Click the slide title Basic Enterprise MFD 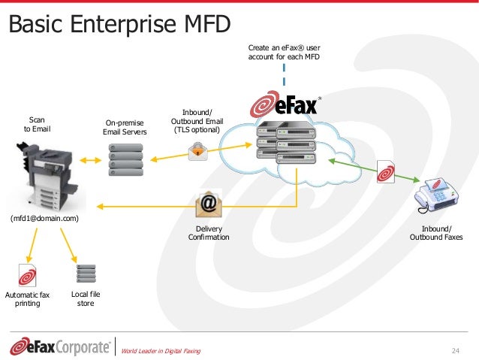point(119,24)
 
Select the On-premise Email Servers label point(125,128)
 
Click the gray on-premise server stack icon point(125,162)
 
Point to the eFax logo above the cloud point(285,104)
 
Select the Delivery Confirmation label point(208,233)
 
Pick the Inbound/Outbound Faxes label point(436,233)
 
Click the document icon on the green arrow point(386,171)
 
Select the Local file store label point(86,299)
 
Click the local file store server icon point(86,273)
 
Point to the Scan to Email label point(37,124)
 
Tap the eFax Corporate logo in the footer point(60,346)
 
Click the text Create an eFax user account point(284,51)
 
